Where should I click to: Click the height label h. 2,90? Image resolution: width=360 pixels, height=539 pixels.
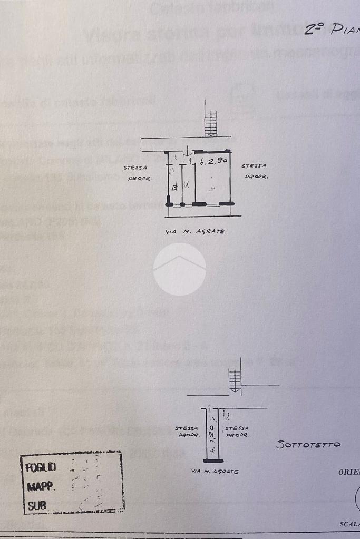coord(213,162)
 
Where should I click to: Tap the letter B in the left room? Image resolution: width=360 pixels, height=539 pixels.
coord(174,187)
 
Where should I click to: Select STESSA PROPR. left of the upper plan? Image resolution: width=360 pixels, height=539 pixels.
coord(138,173)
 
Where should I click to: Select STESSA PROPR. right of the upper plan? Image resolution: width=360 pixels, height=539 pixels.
coord(256,171)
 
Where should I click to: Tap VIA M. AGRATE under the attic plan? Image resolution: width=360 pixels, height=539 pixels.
coord(215,472)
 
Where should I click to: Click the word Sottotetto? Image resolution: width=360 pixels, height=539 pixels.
coord(308,444)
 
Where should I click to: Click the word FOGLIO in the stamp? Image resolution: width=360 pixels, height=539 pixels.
coord(41,467)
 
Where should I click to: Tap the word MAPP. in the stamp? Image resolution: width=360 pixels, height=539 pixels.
coord(41,486)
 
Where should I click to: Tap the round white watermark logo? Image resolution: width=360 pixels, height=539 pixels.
coord(180,269)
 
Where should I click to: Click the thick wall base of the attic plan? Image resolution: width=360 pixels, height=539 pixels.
coord(213,461)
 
